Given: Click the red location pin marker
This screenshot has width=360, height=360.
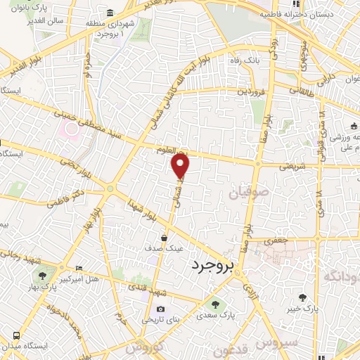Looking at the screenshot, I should (x=181, y=166).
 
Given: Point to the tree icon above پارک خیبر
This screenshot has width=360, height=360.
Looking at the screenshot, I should (x=302, y=297).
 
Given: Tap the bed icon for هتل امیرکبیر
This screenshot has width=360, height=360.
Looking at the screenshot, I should (x=78, y=268).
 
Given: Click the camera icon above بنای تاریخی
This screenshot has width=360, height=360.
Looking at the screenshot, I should (x=161, y=309).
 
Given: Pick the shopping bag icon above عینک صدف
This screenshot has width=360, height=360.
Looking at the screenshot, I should (x=165, y=238).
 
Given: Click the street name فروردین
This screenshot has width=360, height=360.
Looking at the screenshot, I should (x=252, y=91).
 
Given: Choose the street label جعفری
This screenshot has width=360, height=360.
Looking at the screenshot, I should (x=276, y=241).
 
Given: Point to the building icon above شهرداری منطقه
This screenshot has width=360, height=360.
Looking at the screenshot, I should (x=110, y=13).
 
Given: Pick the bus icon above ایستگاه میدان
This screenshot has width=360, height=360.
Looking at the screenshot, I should (x=15, y=335).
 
